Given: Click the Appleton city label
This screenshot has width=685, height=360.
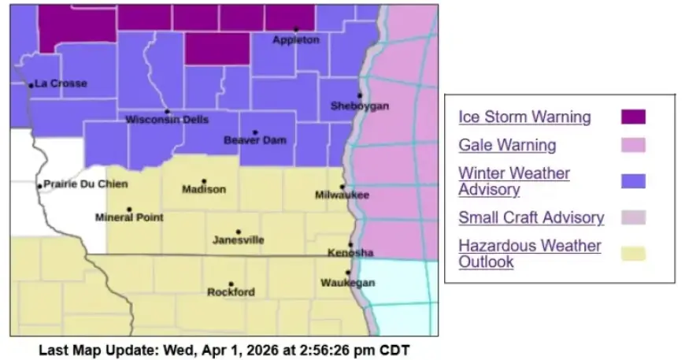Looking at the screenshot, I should pos(296,40).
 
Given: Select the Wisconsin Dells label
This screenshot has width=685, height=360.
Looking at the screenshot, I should pos(168,120).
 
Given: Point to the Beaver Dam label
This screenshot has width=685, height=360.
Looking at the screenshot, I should pos(255,140).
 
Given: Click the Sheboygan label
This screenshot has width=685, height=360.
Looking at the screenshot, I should pos(359,106).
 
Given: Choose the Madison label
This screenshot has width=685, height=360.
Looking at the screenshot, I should pos(204,189).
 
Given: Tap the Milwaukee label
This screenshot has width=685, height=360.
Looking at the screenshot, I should pos(342,195).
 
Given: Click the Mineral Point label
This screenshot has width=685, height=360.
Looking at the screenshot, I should pos(129,217).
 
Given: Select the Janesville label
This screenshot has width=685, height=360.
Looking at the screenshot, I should pos(239,240).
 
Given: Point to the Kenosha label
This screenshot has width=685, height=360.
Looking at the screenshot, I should pos(351,253).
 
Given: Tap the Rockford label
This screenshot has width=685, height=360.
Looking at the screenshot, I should pos(231,292).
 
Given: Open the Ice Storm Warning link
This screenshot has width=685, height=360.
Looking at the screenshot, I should pos(524,117).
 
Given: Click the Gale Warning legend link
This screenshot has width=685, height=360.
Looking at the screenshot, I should pos(507,145).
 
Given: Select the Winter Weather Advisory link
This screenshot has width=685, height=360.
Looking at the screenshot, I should pos(514,181).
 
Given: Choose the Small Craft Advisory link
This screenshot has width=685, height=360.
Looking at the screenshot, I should pos(531,217).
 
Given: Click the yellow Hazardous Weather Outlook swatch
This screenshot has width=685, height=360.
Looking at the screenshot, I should pos(633,254).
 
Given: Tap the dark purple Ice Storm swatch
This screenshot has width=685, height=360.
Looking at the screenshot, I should pos(633,117).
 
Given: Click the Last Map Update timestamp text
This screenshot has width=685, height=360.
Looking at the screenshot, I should pos(224,348).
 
